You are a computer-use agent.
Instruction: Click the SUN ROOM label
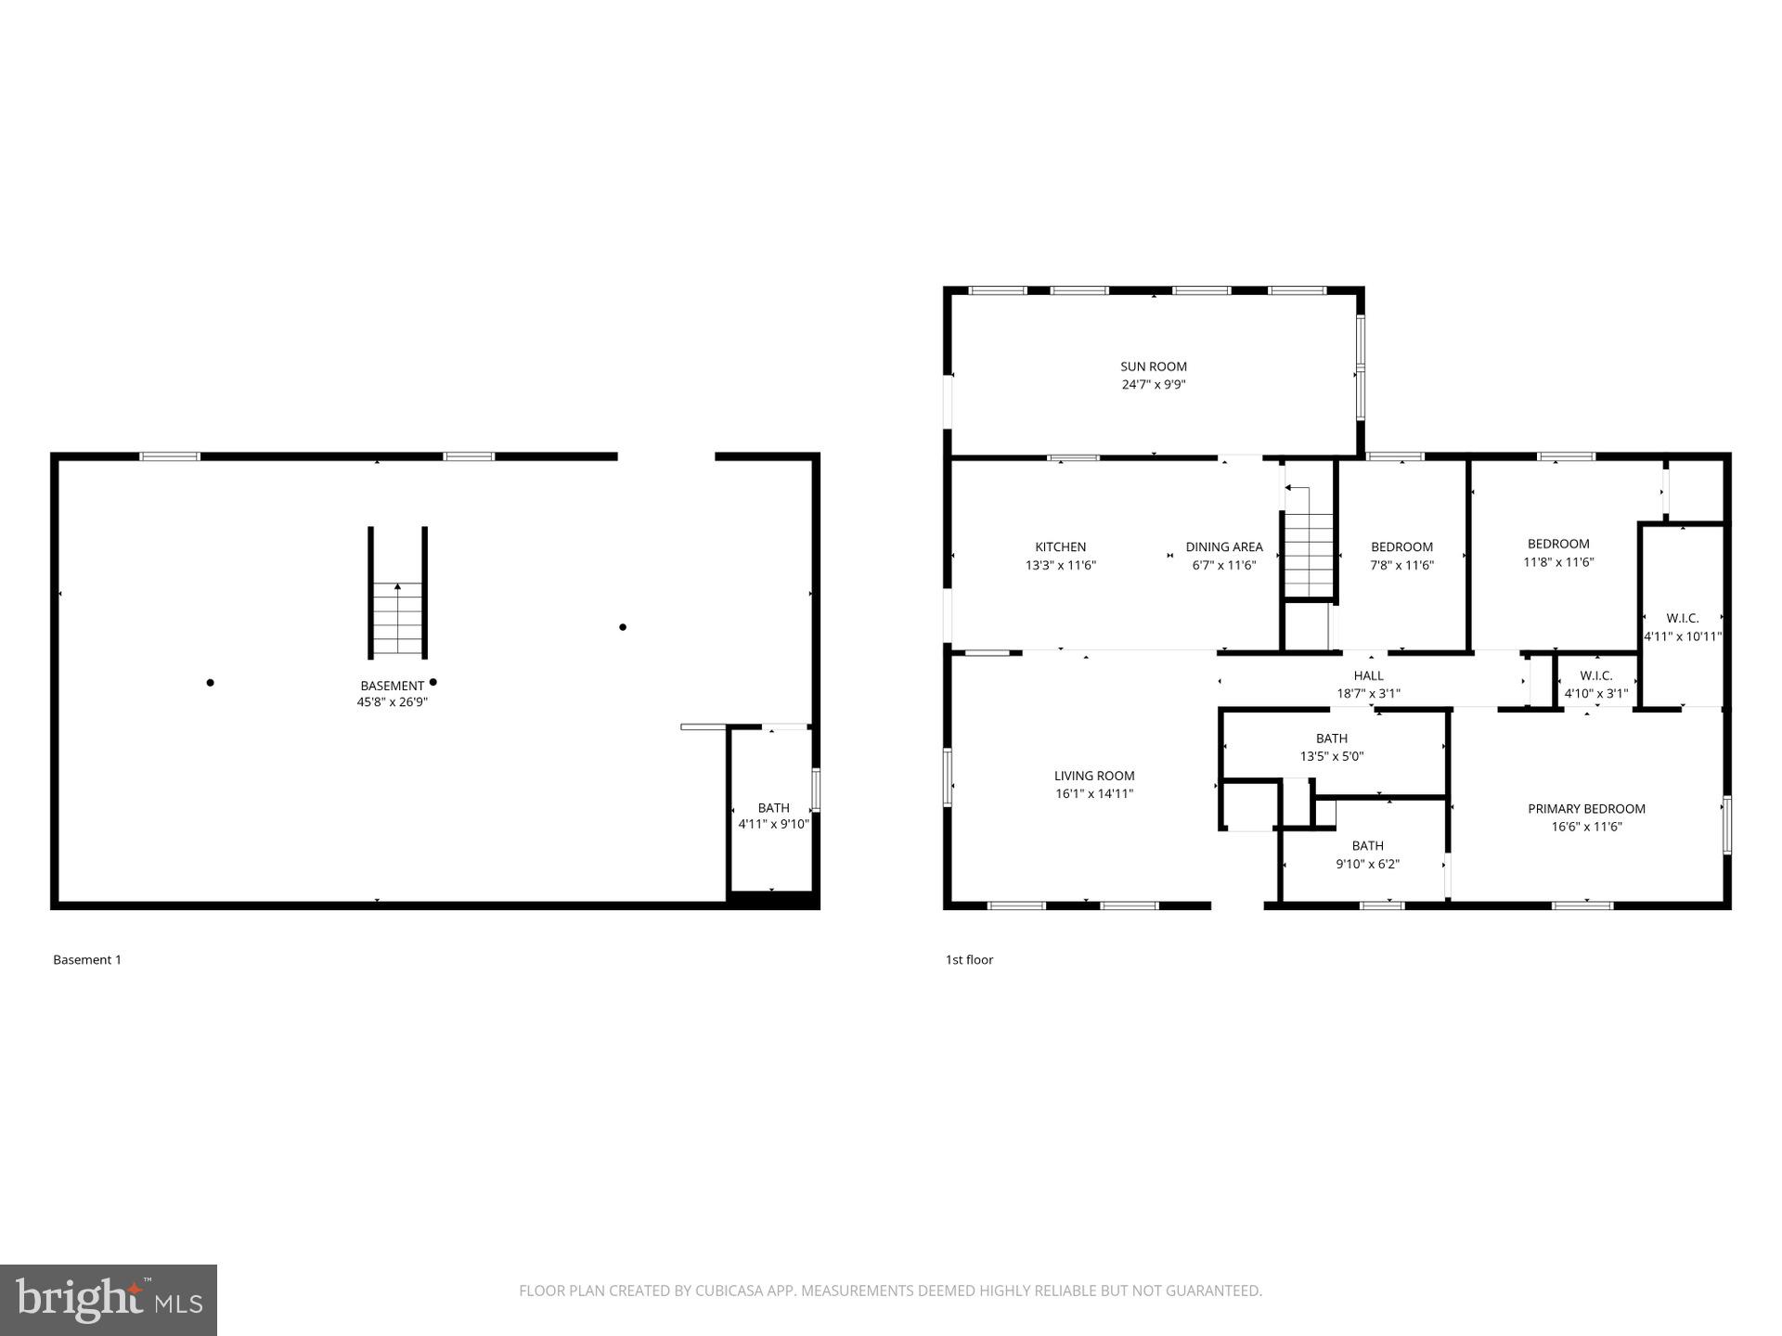1153,366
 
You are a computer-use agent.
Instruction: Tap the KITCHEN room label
1060,547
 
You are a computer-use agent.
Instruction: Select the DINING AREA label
1223,547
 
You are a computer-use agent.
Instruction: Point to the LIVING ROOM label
1093,776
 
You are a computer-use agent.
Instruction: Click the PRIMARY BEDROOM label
1586,809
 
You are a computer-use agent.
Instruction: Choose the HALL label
1368,675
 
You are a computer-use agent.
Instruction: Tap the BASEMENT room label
392,687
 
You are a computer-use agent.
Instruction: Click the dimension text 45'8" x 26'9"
392,702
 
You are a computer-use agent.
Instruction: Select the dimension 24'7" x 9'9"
1153,384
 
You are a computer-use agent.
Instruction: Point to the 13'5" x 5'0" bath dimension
1331,756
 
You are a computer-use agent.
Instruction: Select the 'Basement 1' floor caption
87,960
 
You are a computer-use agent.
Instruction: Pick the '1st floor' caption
969,960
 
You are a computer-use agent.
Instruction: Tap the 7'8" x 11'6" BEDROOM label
1401,547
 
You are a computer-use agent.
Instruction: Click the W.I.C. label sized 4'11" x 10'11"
1682,618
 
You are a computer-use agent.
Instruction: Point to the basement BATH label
773,808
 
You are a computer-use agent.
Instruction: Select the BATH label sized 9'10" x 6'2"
1367,846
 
